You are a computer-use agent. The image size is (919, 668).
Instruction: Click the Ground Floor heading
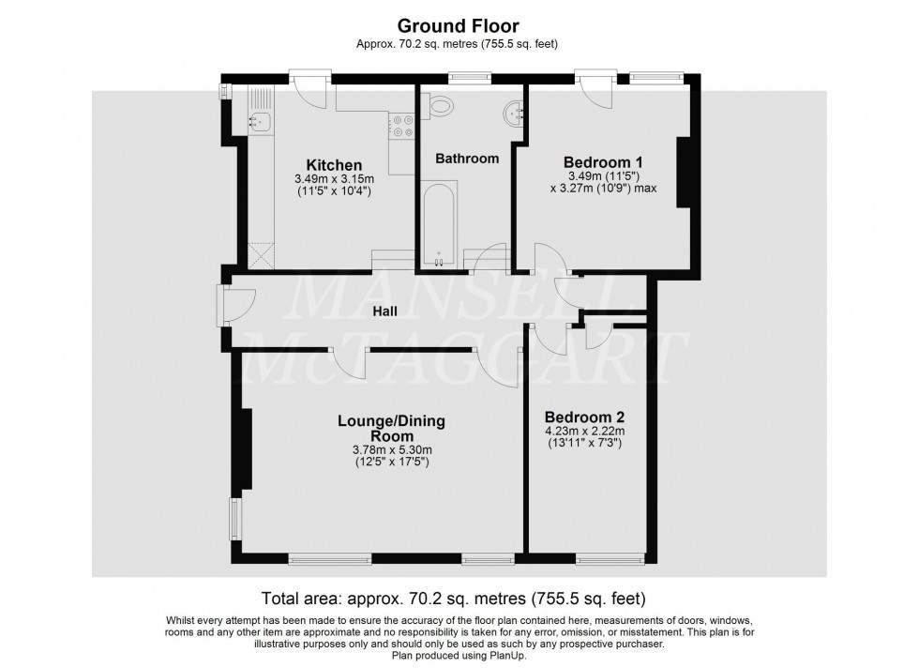pyautogui.click(x=458, y=26)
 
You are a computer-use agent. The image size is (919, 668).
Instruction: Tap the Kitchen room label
pyautogui.click(x=334, y=165)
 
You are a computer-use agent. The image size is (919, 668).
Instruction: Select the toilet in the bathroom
pyautogui.click(x=441, y=106)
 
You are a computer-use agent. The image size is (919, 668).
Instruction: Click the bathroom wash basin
pyautogui.click(x=515, y=112)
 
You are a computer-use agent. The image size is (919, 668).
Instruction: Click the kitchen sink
pyautogui.click(x=259, y=121)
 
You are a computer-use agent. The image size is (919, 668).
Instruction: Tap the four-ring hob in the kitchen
pyautogui.click(x=401, y=125)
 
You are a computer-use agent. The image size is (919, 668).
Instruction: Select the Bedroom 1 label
pyautogui.click(x=603, y=162)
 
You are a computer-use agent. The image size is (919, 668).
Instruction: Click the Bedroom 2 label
pyautogui.click(x=584, y=417)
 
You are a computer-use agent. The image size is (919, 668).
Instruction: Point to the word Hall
pyautogui.click(x=385, y=311)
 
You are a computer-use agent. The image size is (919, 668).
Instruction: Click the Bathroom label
pyautogui.click(x=467, y=159)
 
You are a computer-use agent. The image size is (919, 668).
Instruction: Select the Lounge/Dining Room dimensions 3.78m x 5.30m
pyautogui.click(x=392, y=449)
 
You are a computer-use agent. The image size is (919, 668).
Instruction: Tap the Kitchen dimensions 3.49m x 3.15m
pyautogui.click(x=334, y=179)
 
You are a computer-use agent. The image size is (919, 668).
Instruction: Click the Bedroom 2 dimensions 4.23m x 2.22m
pyautogui.click(x=584, y=431)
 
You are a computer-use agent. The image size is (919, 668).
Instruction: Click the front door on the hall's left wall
pyautogui.click(x=234, y=306)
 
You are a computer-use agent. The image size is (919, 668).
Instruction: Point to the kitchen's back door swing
pyautogui.click(x=310, y=89)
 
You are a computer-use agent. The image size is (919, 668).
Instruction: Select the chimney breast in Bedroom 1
pyautogui.click(x=684, y=172)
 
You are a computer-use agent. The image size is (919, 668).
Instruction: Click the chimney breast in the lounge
pyautogui.click(x=245, y=448)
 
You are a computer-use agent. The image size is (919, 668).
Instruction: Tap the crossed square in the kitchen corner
pyautogui.click(x=261, y=256)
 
